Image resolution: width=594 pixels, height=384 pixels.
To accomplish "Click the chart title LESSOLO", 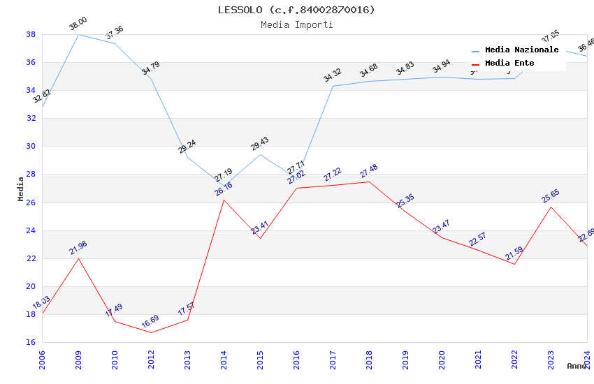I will (x=296, y=10).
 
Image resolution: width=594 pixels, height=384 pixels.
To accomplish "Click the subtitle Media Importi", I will (x=296, y=24).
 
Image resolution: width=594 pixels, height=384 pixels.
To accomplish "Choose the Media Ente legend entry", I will (x=509, y=64).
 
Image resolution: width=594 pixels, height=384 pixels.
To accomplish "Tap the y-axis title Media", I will (x=21, y=189).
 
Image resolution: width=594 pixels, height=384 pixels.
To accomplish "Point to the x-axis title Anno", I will (x=577, y=366).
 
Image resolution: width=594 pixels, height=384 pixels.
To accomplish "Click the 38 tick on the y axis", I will (x=31, y=34).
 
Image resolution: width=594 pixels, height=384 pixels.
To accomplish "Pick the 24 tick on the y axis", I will (x=31, y=230).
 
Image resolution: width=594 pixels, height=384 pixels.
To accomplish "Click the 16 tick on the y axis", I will (x=31, y=342).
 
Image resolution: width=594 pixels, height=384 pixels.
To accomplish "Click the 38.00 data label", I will (x=78, y=26).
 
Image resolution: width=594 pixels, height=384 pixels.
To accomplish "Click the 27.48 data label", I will (x=368, y=171).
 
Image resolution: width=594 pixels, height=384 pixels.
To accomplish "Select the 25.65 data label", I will (x=551, y=196).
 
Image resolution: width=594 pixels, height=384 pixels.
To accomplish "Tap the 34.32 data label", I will (x=332, y=75).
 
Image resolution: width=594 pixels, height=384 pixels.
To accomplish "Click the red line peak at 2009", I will (x=78, y=258).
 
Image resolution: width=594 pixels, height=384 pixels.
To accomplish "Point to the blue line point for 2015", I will (x=260, y=154).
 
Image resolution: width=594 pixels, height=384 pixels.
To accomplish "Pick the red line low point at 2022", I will (x=514, y=264).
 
